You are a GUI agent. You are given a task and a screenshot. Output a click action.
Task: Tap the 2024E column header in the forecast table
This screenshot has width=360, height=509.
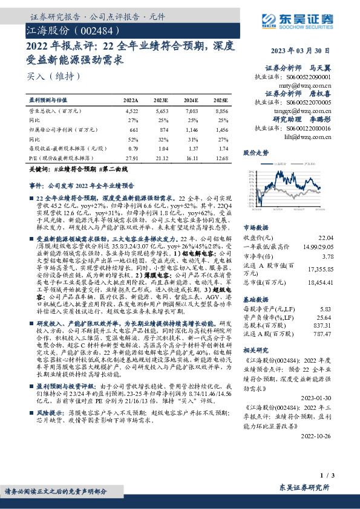pyautogui.click(x=192, y=100)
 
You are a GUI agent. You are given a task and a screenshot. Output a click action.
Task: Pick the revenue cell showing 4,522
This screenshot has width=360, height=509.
pyautogui.click(x=131, y=111)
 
